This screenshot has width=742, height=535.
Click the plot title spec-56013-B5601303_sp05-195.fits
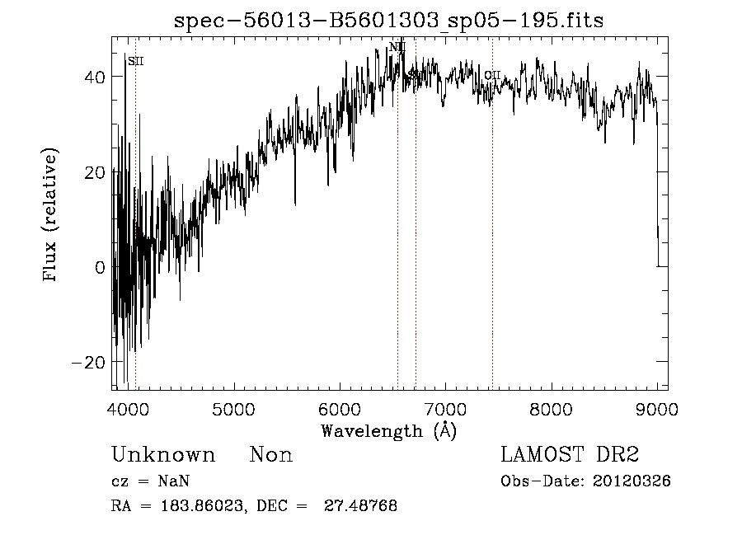pyautogui.click(x=389, y=21)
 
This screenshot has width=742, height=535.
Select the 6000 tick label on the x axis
pyautogui.click(x=340, y=406)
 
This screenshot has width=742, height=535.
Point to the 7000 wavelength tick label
pyautogui.click(x=445, y=406)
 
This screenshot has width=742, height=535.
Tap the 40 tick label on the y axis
pyautogui.click(x=96, y=77)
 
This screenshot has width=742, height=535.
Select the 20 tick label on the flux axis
pyautogui.click(x=96, y=172)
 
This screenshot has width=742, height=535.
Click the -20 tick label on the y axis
pyautogui.click(x=90, y=363)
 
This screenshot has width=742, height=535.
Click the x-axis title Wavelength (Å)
pyautogui.click(x=388, y=430)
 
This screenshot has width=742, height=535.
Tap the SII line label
pyautogui.click(x=136, y=61)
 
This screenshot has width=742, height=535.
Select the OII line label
pyautogui.click(x=492, y=76)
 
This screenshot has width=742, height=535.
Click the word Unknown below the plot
pyautogui.click(x=162, y=455)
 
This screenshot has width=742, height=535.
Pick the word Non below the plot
pyautogui.click(x=270, y=455)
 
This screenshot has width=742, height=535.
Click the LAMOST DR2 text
pyautogui.click(x=570, y=455)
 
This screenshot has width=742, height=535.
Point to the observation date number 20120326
pyautogui.click(x=632, y=481)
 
